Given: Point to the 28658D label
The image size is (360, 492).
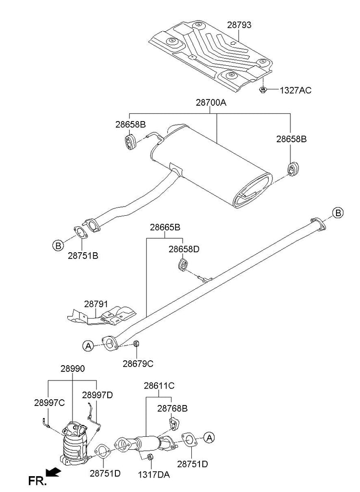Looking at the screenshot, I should tap(184, 249).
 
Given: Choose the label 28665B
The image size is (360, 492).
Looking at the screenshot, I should tap(165, 227).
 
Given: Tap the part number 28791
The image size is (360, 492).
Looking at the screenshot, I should tap(97, 304).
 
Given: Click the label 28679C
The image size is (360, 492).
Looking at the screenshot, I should tap(137, 364).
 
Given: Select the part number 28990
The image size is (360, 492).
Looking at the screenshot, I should tap(73, 369).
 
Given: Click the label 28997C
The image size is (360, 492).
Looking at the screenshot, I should tap(49, 403).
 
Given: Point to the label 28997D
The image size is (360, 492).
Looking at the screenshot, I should tap(97, 395).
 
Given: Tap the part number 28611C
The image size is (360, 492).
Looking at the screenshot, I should tap(159, 385).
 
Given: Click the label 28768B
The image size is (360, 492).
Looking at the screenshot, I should tap(173, 408).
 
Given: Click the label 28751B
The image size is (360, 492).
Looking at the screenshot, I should tap(83, 256).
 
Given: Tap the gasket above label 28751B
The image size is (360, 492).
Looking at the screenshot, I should tap(80, 233).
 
